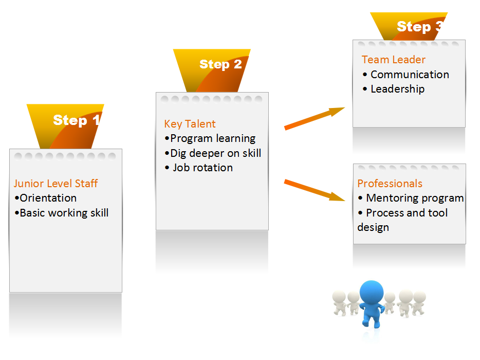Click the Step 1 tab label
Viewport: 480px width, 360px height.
click(77, 120)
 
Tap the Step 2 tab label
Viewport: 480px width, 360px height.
click(220, 64)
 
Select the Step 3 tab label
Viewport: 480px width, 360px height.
click(420, 27)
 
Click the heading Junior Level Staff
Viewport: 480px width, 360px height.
click(56, 183)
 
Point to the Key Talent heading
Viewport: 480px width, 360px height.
click(190, 124)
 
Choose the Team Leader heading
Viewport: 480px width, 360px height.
click(393, 60)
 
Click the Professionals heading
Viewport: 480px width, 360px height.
click(390, 183)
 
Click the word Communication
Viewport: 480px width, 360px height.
click(410, 75)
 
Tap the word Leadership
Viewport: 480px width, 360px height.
click(397, 89)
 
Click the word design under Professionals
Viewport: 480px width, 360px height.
click(373, 227)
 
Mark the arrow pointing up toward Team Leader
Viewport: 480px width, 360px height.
click(315, 119)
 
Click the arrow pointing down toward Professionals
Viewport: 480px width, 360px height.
click(315, 190)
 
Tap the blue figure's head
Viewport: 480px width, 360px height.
click(372, 292)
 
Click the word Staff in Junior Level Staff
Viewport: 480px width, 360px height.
click(86, 183)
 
